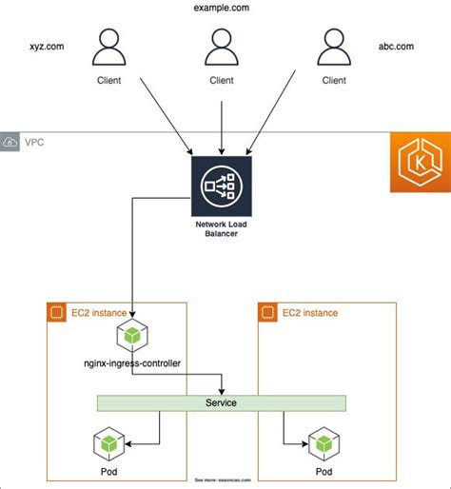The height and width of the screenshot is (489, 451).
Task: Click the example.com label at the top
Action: (221, 8)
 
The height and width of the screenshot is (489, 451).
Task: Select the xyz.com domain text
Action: (48, 45)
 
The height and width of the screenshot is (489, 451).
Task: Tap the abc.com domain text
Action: (396, 45)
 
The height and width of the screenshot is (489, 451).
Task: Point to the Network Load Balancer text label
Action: (221, 228)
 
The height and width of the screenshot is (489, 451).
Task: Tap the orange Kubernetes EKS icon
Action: (420, 165)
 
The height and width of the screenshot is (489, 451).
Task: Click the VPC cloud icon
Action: (10, 142)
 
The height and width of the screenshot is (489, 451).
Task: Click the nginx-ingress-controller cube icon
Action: (130, 335)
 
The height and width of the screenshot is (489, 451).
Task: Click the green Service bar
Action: (221, 403)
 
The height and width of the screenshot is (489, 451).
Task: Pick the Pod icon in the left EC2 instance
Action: (109, 443)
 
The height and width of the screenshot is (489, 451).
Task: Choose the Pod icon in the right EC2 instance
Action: (324, 443)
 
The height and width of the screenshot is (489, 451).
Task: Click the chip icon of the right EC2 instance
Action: (267, 312)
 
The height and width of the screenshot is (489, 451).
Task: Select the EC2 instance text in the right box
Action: (309, 312)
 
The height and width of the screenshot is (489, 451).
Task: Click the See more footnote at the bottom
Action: (225, 480)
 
